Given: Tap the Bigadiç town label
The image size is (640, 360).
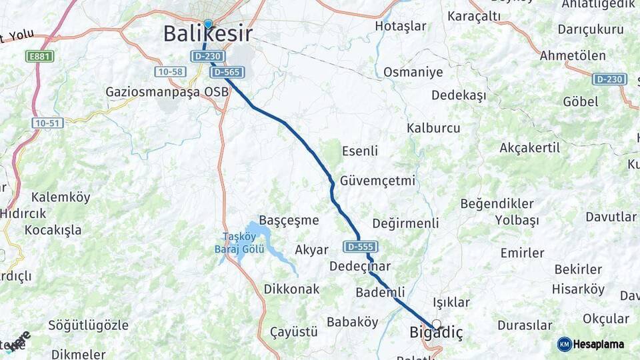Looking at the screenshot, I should tap(435, 332).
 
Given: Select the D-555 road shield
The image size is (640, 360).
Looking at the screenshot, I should tap(361, 247).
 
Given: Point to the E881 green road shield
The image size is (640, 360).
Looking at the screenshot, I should tap(40, 57).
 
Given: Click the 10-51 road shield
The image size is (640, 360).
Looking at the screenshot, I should tap(47, 123).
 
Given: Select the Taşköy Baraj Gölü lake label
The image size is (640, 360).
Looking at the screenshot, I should tap(243, 243).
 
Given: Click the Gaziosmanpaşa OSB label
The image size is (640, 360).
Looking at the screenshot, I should tap(167, 91).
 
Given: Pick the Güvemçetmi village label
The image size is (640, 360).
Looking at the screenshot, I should tap(377, 181).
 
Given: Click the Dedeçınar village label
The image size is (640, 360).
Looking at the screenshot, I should tap(360, 266).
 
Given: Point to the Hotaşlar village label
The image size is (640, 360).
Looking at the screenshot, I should tap(401, 26).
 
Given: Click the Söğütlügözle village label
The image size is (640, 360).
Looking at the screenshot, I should tap(88, 325).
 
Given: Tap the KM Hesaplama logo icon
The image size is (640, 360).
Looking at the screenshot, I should tap(565, 344).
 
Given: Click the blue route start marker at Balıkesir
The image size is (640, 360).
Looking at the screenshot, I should tap(208, 25).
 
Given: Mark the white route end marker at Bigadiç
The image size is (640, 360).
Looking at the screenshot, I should tap(436, 324).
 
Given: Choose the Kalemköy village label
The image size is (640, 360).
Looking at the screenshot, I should tap(60, 197).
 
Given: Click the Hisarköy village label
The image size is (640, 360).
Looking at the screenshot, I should tap(578, 289).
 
